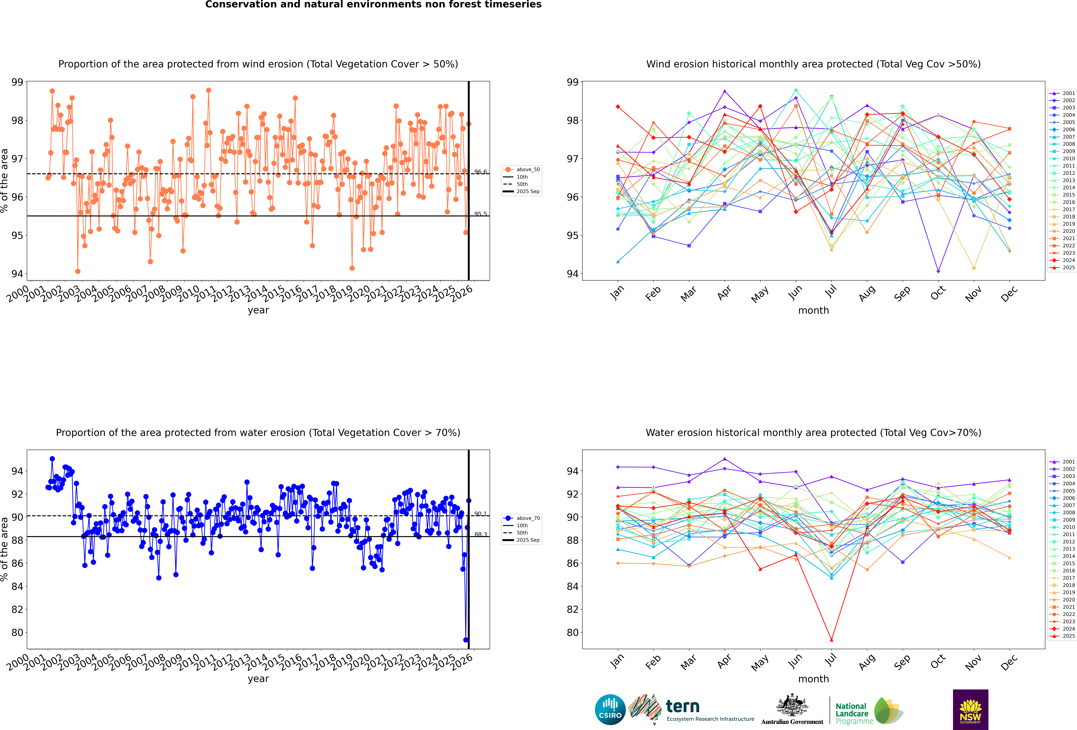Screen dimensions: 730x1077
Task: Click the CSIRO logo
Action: pyautogui.click(x=610, y=709)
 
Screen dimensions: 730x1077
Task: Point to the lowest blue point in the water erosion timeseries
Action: pyautogui.click(x=466, y=640)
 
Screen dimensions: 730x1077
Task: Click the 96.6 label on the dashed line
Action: pyautogui.click(x=481, y=172)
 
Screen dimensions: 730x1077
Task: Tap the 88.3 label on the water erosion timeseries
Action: pyautogui.click(x=481, y=534)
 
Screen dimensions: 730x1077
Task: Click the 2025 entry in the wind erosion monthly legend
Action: pyautogui.click(x=1065, y=267)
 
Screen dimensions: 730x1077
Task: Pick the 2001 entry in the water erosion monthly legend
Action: pyautogui.click(x=1065, y=462)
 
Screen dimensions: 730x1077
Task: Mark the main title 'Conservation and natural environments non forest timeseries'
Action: pyautogui.click(x=373, y=5)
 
